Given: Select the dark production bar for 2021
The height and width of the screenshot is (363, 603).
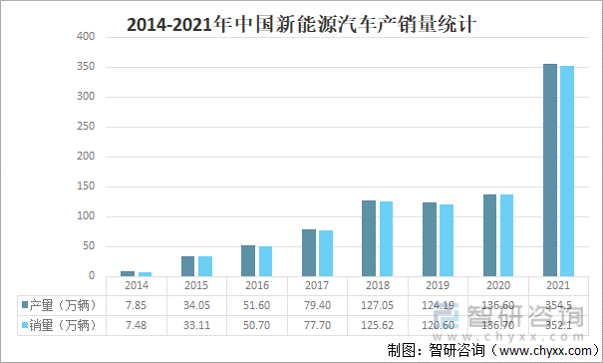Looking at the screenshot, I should (550, 170).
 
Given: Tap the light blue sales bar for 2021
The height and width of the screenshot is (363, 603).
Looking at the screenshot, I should (567, 171).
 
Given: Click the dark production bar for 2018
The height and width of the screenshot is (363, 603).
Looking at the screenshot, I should (368, 238).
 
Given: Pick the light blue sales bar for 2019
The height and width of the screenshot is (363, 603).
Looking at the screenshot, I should (446, 240).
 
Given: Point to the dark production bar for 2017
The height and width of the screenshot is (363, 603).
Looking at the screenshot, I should (308, 252).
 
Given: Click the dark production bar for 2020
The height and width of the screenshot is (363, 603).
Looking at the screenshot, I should (489, 235).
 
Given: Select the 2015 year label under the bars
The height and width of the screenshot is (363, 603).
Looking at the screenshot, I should (195, 285).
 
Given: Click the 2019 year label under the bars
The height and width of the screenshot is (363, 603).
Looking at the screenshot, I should (437, 285).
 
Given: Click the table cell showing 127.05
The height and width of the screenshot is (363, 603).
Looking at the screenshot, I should (376, 304).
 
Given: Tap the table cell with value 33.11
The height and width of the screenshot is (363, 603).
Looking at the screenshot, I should (195, 324).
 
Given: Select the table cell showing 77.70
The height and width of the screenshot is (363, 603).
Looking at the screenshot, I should (316, 324).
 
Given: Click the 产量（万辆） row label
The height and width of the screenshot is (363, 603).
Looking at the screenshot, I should (62, 304).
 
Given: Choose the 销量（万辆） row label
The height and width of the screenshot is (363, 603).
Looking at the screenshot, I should (62, 324).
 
